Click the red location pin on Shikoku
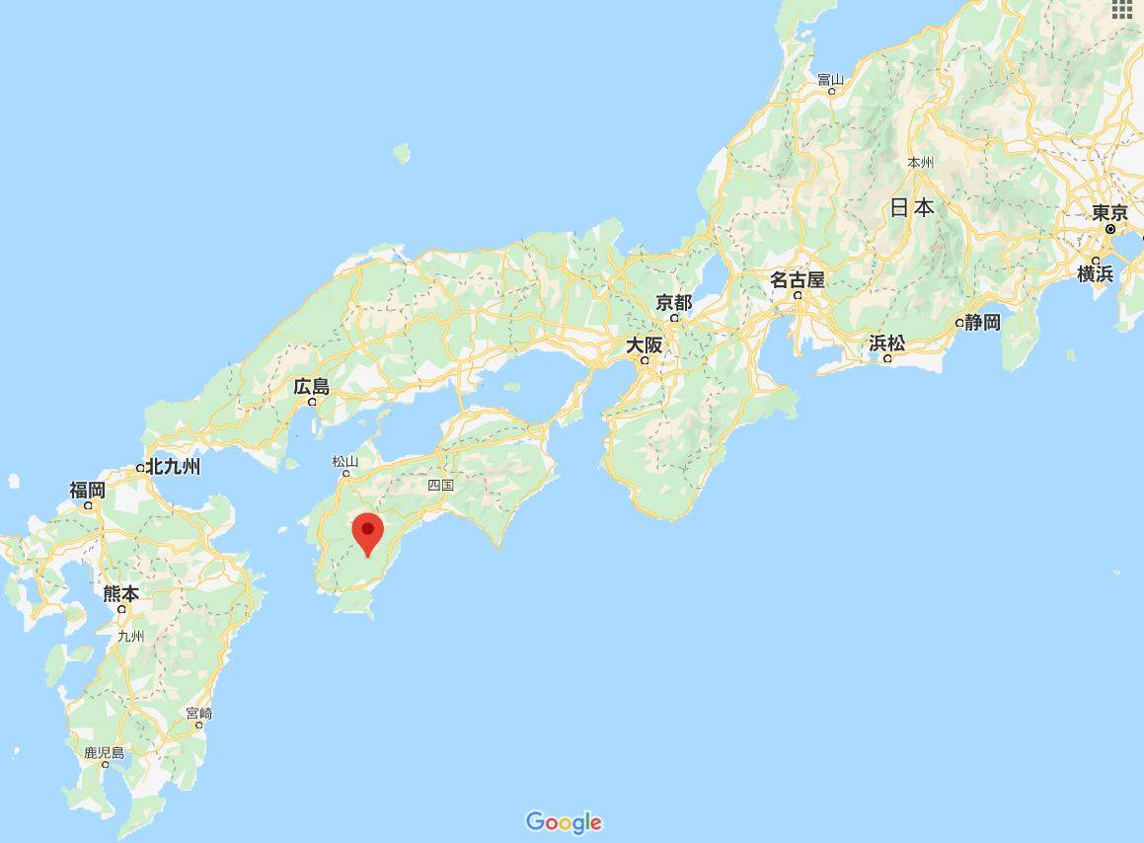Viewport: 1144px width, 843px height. pyautogui.click(x=368, y=533)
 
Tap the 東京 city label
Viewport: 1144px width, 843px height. pyautogui.click(x=1109, y=212)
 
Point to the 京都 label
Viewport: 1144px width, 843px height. pyautogui.click(x=674, y=302)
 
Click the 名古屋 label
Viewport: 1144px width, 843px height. pyautogui.click(x=797, y=279)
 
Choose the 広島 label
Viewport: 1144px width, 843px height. pyautogui.click(x=311, y=386)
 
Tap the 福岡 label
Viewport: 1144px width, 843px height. pyautogui.click(x=87, y=490)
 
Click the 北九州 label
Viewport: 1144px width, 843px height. pyautogui.click(x=173, y=467)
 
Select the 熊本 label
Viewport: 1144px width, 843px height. pyautogui.click(x=120, y=593)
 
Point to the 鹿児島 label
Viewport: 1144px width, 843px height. pyautogui.click(x=104, y=753)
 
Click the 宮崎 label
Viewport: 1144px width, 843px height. pyautogui.click(x=198, y=713)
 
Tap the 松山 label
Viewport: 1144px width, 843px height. pyautogui.click(x=344, y=461)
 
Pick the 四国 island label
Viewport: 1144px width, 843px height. pyautogui.click(x=440, y=485)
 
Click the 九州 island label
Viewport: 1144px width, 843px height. pyautogui.click(x=130, y=637)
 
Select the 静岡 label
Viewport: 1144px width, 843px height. pyautogui.click(x=983, y=322)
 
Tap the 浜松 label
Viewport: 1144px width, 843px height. pyautogui.click(x=886, y=344)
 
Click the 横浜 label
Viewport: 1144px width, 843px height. pyautogui.click(x=1095, y=273)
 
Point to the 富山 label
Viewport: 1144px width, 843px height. pyautogui.click(x=831, y=79)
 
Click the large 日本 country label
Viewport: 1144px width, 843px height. pyautogui.click(x=912, y=207)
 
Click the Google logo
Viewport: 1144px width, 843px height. pyautogui.click(x=564, y=822)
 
